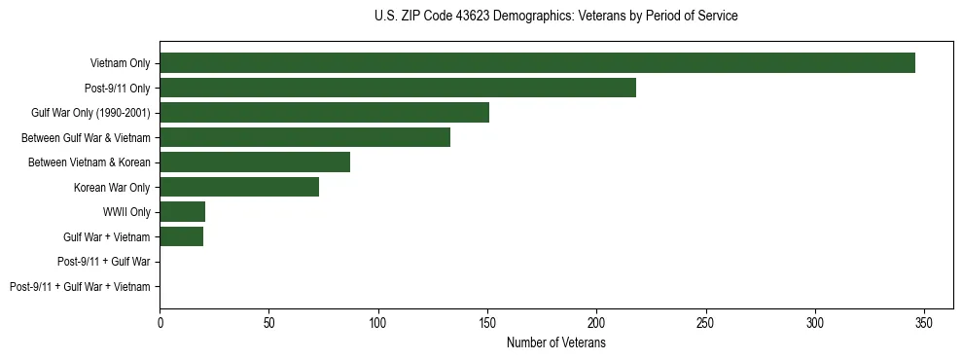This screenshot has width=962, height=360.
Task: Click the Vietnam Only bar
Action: click(537, 63)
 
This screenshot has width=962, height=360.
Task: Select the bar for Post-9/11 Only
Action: click(398, 88)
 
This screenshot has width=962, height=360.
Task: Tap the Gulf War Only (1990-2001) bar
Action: click(324, 113)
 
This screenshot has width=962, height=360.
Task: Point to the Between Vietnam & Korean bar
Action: click(255, 162)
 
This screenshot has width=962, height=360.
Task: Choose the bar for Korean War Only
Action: click(239, 187)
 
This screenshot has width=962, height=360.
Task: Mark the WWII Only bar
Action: click(182, 212)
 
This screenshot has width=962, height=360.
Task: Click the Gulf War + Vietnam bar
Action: click(181, 236)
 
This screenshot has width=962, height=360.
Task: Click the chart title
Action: click(555, 17)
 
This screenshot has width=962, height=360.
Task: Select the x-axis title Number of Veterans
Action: click(555, 343)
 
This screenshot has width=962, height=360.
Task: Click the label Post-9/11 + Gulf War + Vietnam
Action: click(80, 286)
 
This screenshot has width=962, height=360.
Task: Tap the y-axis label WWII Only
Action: click(126, 212)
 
